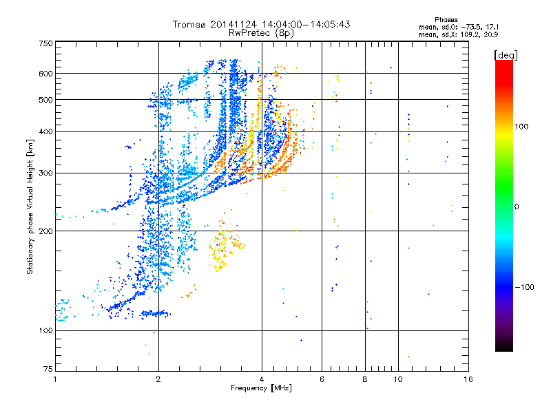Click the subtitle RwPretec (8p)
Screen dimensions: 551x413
tap(261, 33)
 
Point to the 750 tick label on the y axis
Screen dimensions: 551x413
tap(45, 43)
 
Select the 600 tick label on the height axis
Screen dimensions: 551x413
tap(45, 74)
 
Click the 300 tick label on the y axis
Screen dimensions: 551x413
tap(45, 173)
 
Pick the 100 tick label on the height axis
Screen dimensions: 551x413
tap(45, 331)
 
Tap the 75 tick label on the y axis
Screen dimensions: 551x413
tap(48, 369)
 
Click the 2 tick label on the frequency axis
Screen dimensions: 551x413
tap(158, 379)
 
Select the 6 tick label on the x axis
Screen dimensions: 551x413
tap(322, 379)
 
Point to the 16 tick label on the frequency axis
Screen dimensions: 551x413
tap(468, 379)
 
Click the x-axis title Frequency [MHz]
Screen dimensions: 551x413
tap(261, 388)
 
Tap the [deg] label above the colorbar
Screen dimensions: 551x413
tap(506, 55)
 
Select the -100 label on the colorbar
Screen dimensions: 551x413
tap(524, 287)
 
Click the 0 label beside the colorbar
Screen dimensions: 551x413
tap(517, 207)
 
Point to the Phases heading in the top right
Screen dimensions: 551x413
tap(446, 20)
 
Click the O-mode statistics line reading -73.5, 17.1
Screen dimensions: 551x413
tap(459, 27)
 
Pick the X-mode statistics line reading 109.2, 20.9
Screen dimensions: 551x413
tap(459, 34)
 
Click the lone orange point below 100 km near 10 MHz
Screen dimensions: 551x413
tap(408, 357)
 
